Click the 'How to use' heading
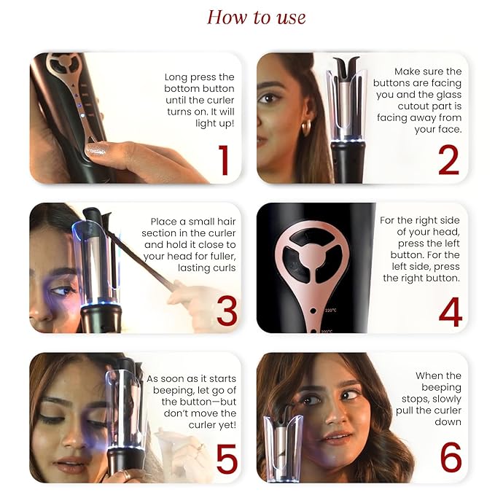coord(256,17)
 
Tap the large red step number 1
coord(224,160)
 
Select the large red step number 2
coord(448,160)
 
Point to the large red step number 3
coord(227,311)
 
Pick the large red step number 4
coord(451,312)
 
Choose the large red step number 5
coord(226,459)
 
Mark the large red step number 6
coord(451,457)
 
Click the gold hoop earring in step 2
coord(306,128)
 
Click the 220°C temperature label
coord(330,311)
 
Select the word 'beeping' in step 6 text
coord(441,387)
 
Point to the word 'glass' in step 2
coord(448,94)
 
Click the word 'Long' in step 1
coord(174,77)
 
